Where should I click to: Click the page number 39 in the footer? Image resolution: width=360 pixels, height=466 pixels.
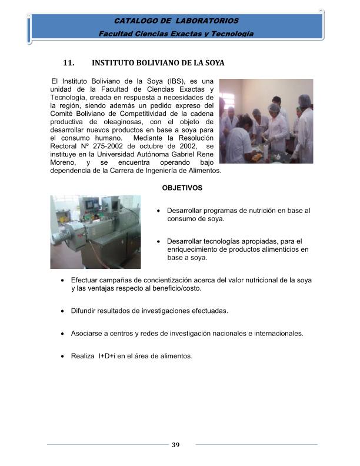(x=175, y=444)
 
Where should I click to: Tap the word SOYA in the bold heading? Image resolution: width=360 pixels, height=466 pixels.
(x=213, y=62)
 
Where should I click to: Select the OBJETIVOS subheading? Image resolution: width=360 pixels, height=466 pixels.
(x=182, y=188)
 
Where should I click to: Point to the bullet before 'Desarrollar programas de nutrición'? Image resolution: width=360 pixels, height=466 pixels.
(x=160, y=211)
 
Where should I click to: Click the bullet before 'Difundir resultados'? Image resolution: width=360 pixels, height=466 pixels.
(x=64, y=311)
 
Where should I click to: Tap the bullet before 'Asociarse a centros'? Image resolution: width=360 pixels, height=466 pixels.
(x=64, y=334)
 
